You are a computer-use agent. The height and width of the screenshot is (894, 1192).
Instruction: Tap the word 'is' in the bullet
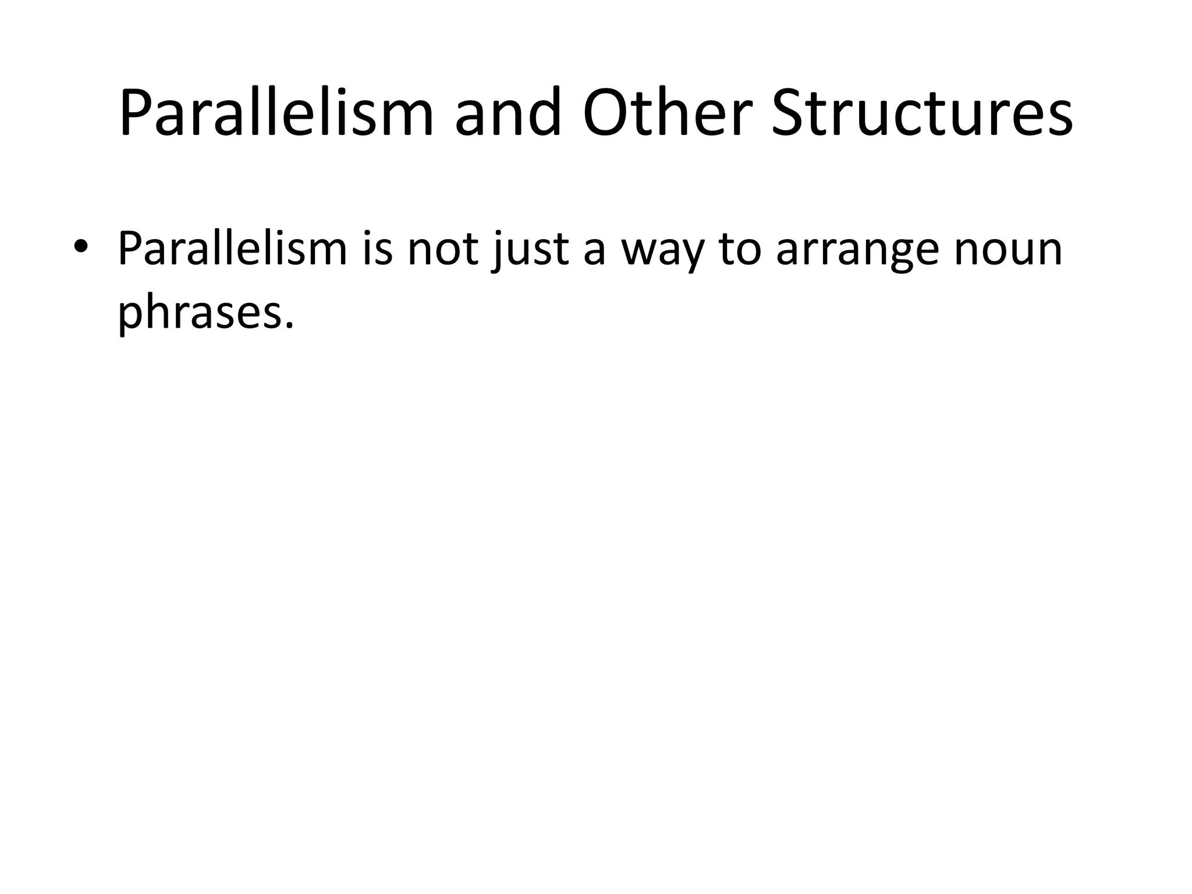[x=377, y=249]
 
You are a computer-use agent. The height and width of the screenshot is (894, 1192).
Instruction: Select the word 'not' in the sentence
[x=442, y=249]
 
